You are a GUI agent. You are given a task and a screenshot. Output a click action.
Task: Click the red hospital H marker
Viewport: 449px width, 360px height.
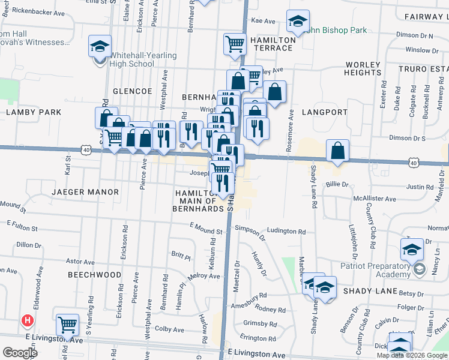(26, 320)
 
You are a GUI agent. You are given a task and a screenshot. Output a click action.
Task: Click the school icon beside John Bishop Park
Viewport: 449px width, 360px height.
(297, 22)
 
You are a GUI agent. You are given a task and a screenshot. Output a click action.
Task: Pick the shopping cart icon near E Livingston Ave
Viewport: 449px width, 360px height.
(67, 325)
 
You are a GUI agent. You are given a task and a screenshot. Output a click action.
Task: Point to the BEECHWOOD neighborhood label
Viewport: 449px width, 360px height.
(94, 274)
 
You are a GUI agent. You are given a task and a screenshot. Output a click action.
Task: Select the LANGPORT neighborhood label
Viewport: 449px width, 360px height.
(325, 112)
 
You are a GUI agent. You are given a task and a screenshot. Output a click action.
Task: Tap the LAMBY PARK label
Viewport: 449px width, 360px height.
(35, 112)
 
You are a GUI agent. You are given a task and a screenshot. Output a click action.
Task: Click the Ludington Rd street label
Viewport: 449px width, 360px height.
(286, 231)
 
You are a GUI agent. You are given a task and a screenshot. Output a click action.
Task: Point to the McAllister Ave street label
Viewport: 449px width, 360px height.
(374, 199)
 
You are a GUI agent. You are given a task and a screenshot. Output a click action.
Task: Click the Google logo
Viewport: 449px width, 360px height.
(20, 352)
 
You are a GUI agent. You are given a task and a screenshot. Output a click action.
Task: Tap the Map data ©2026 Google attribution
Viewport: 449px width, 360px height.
(411, 355)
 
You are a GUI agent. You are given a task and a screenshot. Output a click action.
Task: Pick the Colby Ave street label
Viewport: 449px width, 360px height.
(169, 329)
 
